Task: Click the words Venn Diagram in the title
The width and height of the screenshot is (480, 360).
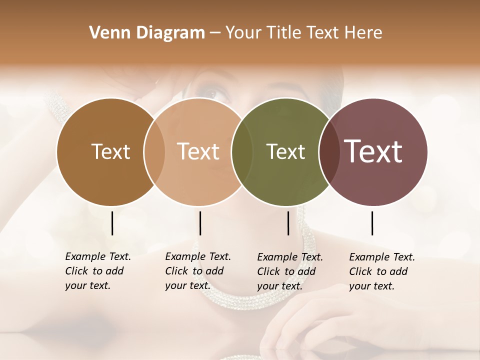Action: click(147, 33)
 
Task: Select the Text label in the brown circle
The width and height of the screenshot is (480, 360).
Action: click(110, 152)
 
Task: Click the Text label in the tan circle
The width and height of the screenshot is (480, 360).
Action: click(198, 152)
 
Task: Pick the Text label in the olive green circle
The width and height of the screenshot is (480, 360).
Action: click(285, 152)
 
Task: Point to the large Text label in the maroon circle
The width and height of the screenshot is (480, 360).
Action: click(373, 151)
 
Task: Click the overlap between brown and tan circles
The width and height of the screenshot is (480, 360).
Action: click(154, 152)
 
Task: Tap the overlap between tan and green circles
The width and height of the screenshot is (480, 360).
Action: click(242, 152)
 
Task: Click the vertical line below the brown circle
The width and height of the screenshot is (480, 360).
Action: click(112, 223)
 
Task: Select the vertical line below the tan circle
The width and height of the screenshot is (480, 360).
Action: click(200, 223)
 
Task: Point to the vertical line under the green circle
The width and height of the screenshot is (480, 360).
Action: click(288, 223)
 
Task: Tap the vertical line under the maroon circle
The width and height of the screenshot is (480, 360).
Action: click(372, 223)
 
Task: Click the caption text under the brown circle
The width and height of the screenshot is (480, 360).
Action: click(97, 271)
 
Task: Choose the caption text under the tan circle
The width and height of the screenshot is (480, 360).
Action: click(197, 271)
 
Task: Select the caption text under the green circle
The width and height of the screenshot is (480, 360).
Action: click(289, 271)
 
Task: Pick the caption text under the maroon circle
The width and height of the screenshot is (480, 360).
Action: click(381, 271)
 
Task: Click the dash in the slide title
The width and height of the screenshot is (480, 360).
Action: click(214, 33)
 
